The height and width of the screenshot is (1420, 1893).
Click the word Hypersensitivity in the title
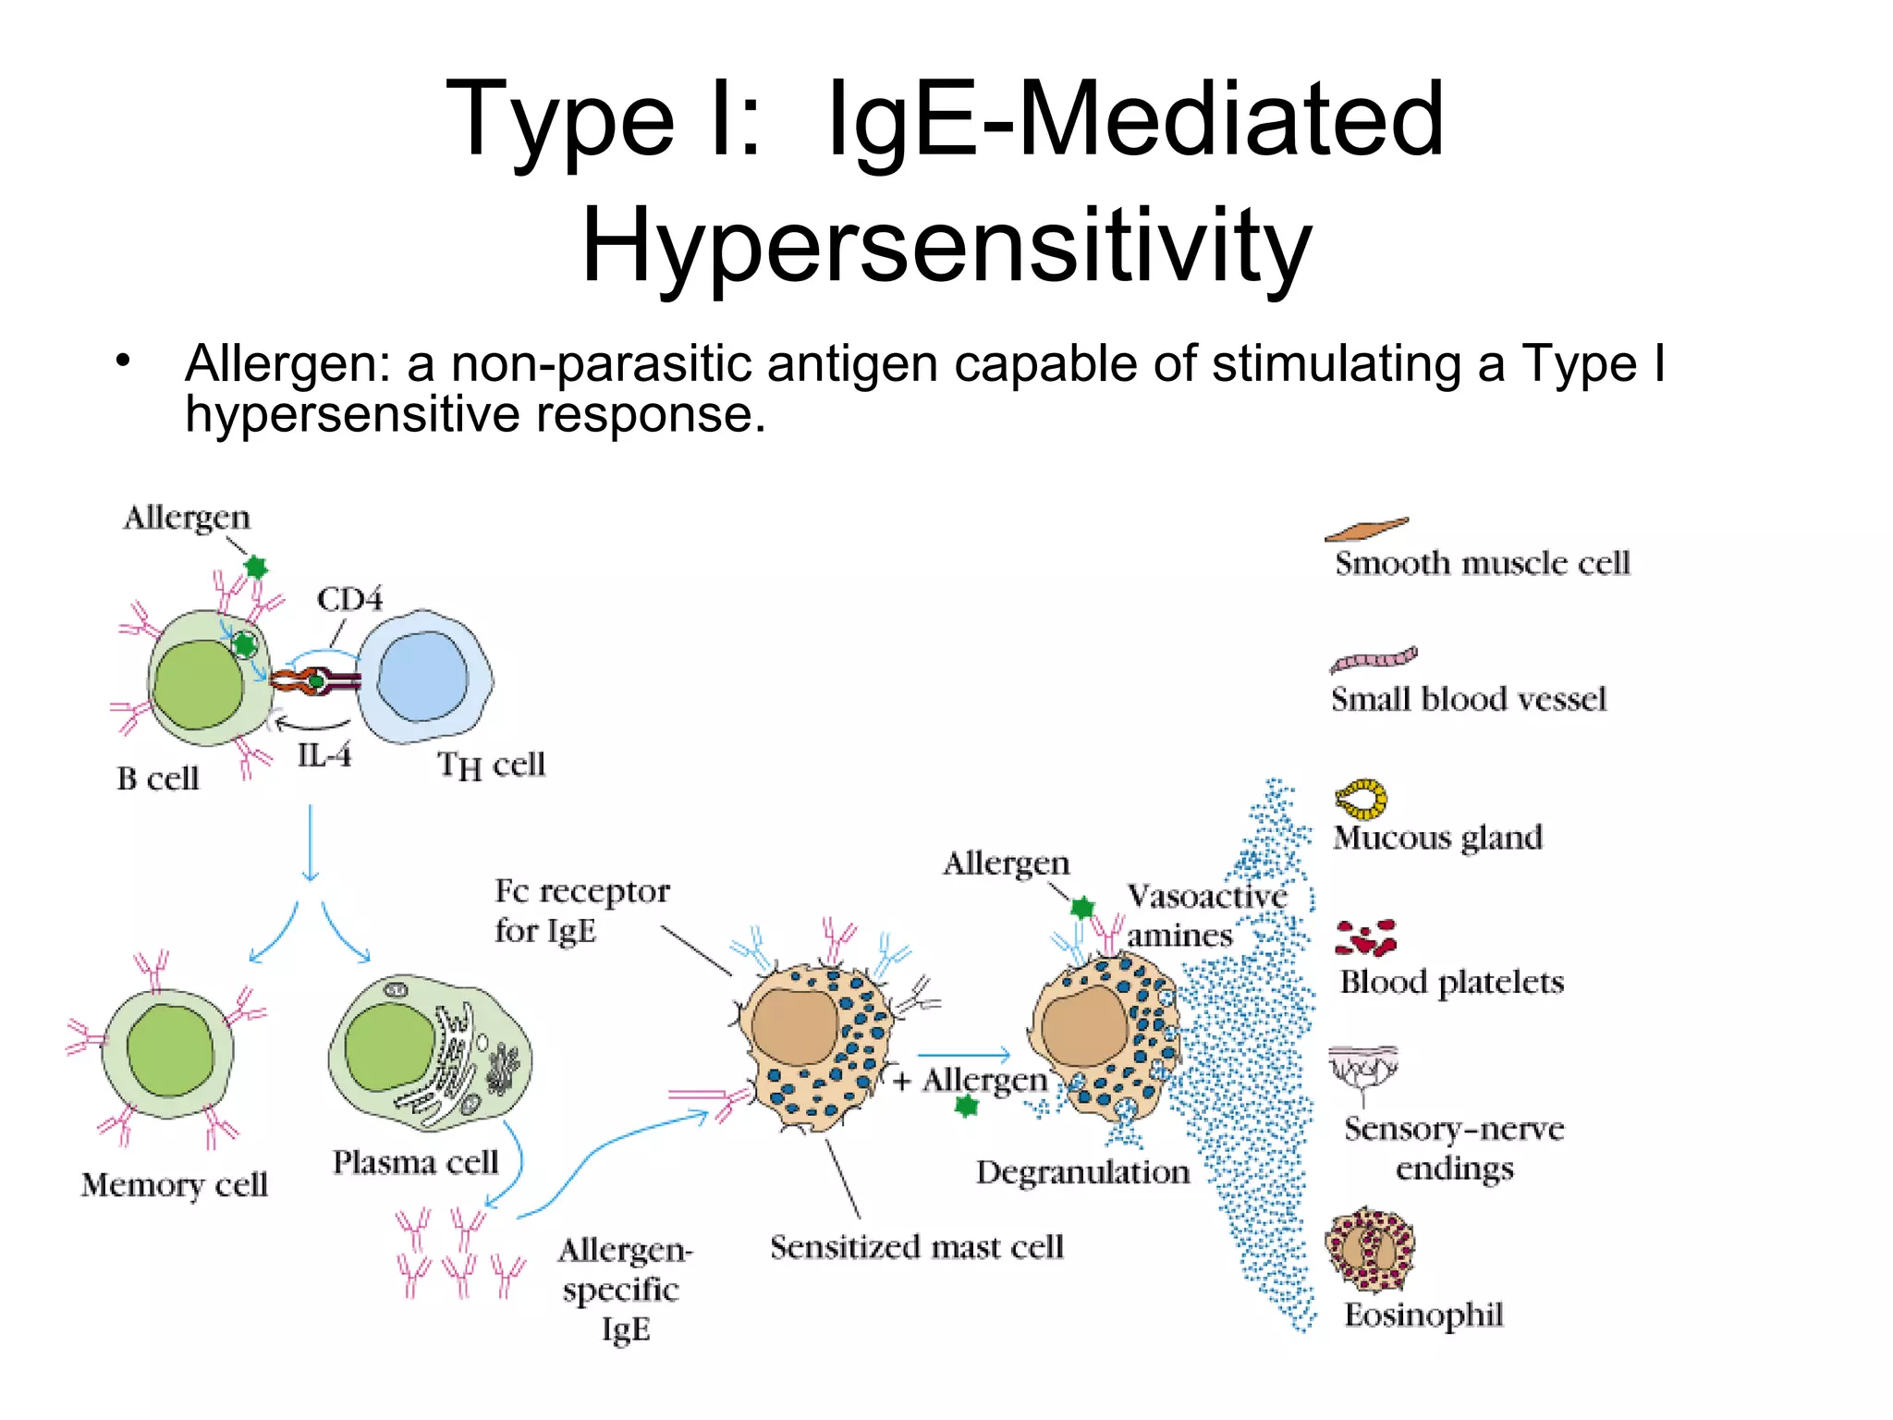coord(946,245)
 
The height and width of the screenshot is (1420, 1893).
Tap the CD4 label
coord(349,599)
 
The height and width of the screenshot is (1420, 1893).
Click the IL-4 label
coord(324,755)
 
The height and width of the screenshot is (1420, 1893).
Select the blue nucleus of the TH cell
coord(423,675)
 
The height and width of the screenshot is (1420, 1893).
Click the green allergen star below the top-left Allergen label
coord(256,567)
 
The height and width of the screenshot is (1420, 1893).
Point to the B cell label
coord(157,778)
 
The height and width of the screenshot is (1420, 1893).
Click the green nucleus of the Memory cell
coord(170,1049)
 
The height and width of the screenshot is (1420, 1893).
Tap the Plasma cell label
coord(415,1162)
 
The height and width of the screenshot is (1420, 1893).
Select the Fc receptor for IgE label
coord(580,911)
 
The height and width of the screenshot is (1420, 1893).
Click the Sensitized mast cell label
coord(916,1247)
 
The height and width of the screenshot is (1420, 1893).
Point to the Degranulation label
coord(1082,1172)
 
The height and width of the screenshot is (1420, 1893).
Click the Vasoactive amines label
coord(1202,915)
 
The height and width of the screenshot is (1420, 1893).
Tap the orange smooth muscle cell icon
coord(1366,529)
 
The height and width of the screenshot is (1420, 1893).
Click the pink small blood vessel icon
coord(1374,659)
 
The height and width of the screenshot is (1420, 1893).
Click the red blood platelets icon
coord(1366,937)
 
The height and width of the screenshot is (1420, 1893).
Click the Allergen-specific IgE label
coord(625,1289)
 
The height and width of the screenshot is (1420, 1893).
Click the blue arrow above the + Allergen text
coord(964,1055)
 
